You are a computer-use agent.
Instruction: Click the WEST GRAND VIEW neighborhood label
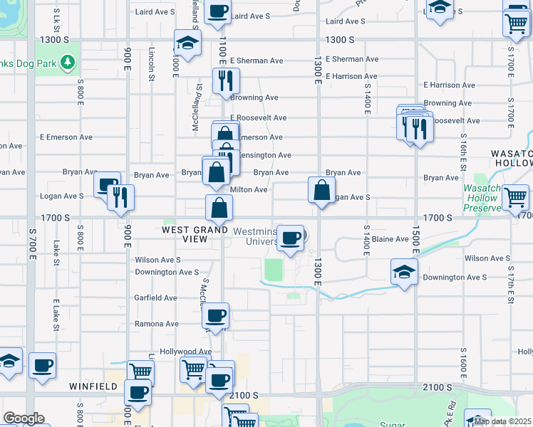pyautogui.click(x=185, y=234)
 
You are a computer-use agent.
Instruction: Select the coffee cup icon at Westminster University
pyautogui.click(x=289, y=238)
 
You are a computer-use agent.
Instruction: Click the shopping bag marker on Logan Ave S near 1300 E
pyautogui.click(x=322, y=190)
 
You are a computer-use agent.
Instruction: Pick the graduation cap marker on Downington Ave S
pyautogui.click(x=404, y=273)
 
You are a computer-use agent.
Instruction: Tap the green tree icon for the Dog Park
pyautogui.click(x=68, y=63)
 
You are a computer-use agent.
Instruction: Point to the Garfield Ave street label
pyautogui.click(x=155, y=298)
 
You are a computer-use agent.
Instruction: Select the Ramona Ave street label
pyautogui.click(x=157, y=324)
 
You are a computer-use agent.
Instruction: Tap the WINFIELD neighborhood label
pyautogui.click(x=93, y=386)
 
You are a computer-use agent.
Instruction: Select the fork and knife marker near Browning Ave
pyautogui.click(x=225, y=81)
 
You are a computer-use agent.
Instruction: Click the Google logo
pyautogui.click(x=24, y=418)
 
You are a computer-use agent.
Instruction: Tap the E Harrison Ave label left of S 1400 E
pyautogui.click(x=351, y=76)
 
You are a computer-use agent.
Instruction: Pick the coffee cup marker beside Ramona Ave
pyautogui.click(x=215, y=316)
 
